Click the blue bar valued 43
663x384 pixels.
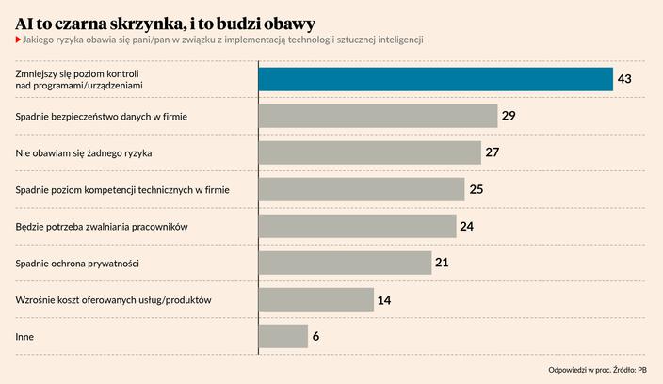pyautogui.click(x=435, y=79)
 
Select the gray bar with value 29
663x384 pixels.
pyautogui.click(x=378, y=116)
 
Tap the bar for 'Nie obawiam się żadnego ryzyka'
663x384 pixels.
pyautogui.click(x=369, y=152)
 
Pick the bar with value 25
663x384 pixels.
pyautogui.click(x=362, y=189)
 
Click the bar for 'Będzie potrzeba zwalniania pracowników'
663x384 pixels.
pyautogui.click(x=358, y=226)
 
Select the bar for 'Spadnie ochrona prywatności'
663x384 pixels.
pyautogui.click(x=346, y=263)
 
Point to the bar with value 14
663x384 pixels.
pyautogui.click(x=316, y=299)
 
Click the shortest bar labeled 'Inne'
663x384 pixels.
pyautogui.click(x=283, y=336)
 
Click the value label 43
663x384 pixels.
pyautogui.click(x=623, y=79)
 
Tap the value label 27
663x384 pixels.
pyautogui.click(x=492, y=152)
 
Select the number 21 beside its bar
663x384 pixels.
pyautogui.click(x=442, y=263)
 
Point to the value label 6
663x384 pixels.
pyautogui.click(x=316, y=336)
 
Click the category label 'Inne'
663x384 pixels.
pyautogui.click(x=25, y=336)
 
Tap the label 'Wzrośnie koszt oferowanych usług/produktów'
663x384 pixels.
pyautogui.click(x=113, y=299)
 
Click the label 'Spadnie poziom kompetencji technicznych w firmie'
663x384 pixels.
pyautogui.click(x=122, y=189)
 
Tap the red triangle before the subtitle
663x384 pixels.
pyautogui.click(x=17, y=40)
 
